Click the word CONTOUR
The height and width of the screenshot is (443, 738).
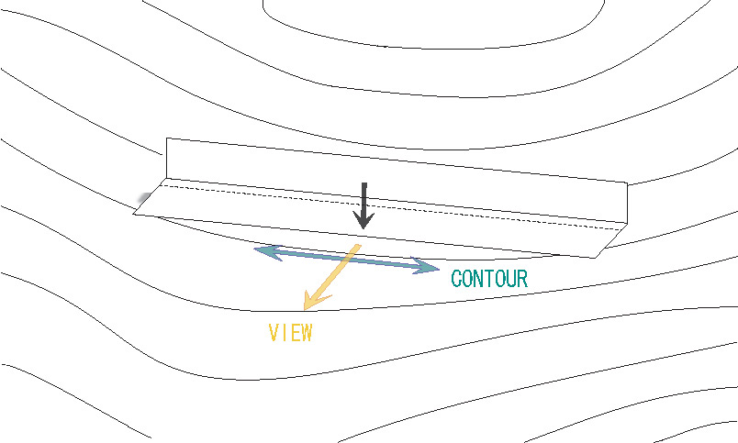click(x=489, y=279)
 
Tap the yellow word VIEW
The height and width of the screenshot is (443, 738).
click(x=290, y=333)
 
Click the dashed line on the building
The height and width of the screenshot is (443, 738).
click(x=386, y=206)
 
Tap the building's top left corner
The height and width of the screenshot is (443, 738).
click(x=166, y=138)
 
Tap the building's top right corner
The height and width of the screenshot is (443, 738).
click(x=627, y=183)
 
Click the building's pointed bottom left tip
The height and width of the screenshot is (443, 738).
click(x=134, y=215)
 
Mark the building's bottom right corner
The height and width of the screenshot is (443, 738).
click(x=596, y=258)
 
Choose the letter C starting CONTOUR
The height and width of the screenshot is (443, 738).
click(x=457, y=279)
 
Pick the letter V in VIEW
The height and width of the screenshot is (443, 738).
click(x=274, y=333)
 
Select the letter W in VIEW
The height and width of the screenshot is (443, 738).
click(x=305, y=333)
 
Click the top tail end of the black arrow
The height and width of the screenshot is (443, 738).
click(x=364, y=185)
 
